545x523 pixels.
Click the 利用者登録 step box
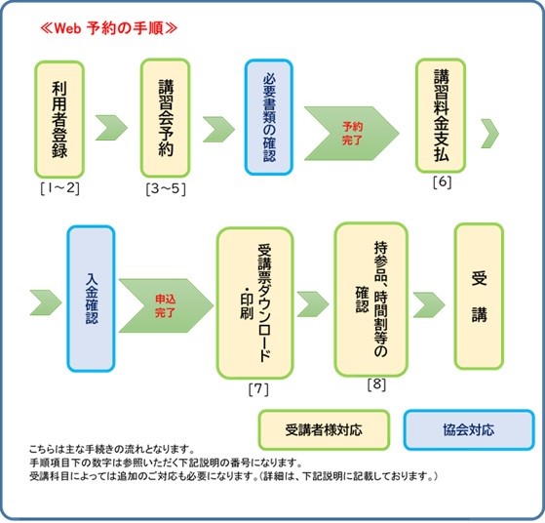tap(59, 119)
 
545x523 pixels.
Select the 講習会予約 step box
tap(165, 118)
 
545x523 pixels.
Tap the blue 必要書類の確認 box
tap(269, 117)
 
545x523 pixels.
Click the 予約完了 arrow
tap(352, 134)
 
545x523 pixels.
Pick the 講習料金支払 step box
tap(441, 115)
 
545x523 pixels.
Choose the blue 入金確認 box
tap(91, 299)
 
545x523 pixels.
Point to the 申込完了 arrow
tap(166, 305)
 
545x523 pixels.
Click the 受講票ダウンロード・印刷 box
tap(255, 303)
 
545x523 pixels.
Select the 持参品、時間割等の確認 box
tap(370, 300)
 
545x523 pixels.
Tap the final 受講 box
tap(479, 296)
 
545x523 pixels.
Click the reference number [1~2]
tap(59, 188)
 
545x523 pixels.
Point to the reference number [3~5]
tap(166, 189)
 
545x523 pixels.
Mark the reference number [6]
tap(442, 182)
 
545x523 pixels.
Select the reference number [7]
tap(258, 389)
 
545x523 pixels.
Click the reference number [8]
tap(376, 384)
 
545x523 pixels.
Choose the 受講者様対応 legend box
tap(324, 429)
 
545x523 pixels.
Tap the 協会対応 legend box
tap(469, 429)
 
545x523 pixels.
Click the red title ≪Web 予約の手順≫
tap(108, 28)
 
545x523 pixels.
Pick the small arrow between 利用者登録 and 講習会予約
tap(111, 128)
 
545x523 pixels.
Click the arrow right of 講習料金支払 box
tap(490, 134)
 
